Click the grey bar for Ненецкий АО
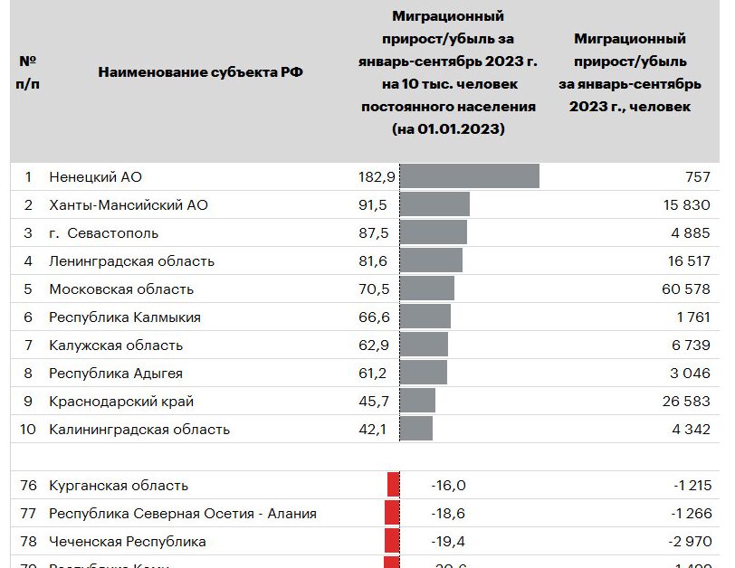coord(469,176)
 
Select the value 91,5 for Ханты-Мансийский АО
coord(373,205)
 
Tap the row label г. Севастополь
coord(103,233)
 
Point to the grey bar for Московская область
coord(426,289)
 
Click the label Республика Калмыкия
coord(125,317)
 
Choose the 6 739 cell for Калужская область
coord(690,346)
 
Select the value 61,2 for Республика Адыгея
coord(373,374)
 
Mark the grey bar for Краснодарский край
coord(417,402)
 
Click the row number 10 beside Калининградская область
coord(28,430)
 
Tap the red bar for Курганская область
coord(393,486)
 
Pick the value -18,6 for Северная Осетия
coord(448,514)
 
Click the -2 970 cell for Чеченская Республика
coord(692,542)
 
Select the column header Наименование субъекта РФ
coord(200,72)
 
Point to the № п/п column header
coord(28,71)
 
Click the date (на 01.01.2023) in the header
coord(448,129)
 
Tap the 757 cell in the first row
coord(698,177)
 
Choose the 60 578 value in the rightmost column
coord(685,289)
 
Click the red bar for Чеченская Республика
coord(392,542)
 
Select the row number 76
coord(28,486)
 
